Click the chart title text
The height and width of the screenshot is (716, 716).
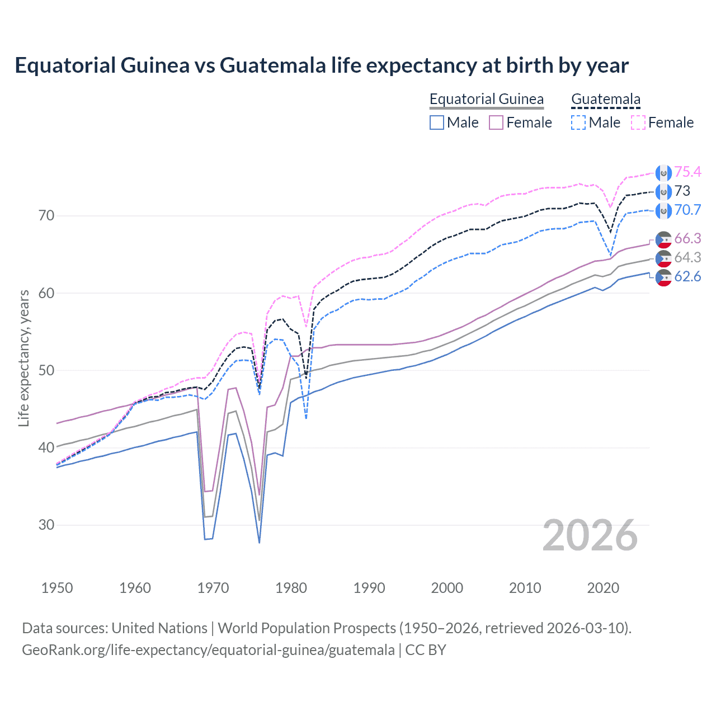322,65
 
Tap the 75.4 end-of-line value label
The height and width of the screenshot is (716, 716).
687,172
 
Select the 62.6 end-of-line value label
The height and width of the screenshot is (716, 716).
687,277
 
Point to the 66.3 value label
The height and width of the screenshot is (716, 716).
687,239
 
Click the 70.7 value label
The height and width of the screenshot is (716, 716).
687,210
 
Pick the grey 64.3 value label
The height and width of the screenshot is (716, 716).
687,258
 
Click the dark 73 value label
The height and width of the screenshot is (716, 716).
682,191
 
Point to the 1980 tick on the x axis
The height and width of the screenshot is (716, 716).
291,588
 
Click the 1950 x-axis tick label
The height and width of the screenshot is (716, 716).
57,588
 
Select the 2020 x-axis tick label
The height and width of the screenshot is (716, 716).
603,588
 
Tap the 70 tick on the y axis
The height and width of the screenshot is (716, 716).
46,216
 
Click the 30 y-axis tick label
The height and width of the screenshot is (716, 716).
46,525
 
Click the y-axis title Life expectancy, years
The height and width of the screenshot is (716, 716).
24,358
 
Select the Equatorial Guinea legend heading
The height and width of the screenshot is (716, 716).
486,100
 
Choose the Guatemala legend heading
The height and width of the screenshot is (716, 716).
605,100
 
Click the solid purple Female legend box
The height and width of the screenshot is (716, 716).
496,123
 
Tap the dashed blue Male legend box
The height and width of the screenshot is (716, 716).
578,123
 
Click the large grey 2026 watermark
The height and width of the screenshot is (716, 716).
590,536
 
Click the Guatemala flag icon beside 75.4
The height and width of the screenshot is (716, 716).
663,173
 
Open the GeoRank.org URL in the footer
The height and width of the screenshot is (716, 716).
208,650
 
